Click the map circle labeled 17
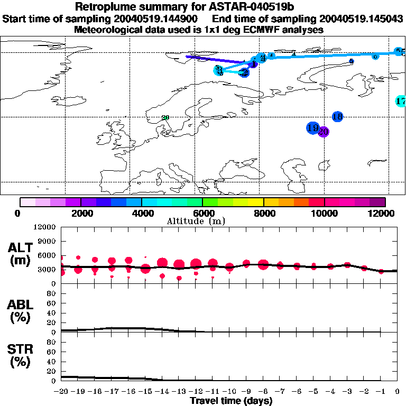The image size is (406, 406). (x=401, y=101)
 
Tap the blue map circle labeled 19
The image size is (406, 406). (x=312, y=128)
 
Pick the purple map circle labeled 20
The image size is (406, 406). (x=324, y=132)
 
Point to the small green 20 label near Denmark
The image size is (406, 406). (x=165, y=118)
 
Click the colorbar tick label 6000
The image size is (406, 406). (x=202, y=213)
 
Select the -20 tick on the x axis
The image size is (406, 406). (x=61, y=391)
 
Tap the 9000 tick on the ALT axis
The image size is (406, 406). (x=47, y=241)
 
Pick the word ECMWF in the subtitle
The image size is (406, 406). (x=247, y=30)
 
